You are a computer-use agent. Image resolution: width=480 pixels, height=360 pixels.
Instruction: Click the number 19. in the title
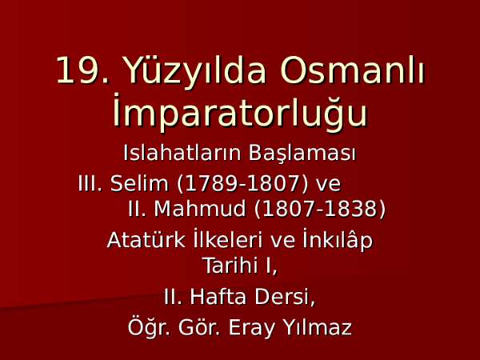pos(82,70)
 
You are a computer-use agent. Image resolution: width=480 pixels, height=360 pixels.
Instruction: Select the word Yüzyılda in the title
pos(194,73)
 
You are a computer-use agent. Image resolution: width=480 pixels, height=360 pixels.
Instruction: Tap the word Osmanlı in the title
pos(352,70)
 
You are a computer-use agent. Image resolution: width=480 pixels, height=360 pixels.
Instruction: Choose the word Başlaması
pos(302,154)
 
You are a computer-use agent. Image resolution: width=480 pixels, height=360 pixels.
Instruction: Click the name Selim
pos(139,184)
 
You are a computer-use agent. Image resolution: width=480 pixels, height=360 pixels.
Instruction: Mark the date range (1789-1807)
pos(242,184)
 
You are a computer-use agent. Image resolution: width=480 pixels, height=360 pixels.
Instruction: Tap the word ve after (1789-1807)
pos(328,186)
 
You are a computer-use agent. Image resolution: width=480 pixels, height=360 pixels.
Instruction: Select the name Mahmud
pos(199,209)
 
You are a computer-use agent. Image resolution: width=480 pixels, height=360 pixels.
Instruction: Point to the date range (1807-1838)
pos(320,209)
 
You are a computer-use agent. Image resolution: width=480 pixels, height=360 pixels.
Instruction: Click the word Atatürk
pos(146,240)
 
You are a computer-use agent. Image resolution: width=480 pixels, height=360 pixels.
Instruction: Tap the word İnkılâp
pos(338,240)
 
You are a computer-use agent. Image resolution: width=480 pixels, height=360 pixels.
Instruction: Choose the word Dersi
pos(285,298)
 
